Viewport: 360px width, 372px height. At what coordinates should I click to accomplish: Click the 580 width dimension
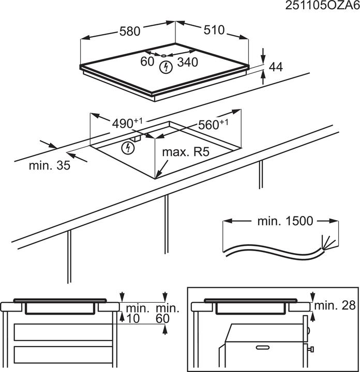(130, 31)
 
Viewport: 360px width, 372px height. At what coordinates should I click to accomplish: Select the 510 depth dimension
(214, 30)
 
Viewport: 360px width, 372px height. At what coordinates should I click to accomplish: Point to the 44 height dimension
(276, 67)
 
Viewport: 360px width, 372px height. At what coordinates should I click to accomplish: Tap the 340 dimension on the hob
(187, 62)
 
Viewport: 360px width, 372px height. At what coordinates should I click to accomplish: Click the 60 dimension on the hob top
(147, 61)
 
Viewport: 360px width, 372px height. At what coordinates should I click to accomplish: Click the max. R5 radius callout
(183, 152)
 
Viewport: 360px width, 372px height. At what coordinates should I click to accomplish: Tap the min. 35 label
(50, 165)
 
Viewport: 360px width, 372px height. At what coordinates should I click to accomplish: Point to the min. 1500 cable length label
(285, 221)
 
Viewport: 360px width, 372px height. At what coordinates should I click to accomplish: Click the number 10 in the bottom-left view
(133, 319)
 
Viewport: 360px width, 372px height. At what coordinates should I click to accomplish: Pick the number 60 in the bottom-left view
(162, 319)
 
